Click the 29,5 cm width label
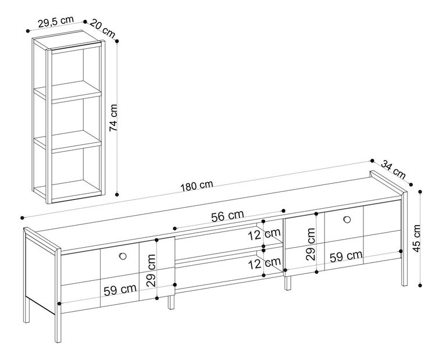pyautogui.click(x=56, y=22)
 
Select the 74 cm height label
pyautogui.click(x=114, y=119)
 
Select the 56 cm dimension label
pyautogui.click(x=227, y=216)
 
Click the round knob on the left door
pyautogui.click(x=122, y=256)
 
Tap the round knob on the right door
pyautogui.click(x=347, y=219)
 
